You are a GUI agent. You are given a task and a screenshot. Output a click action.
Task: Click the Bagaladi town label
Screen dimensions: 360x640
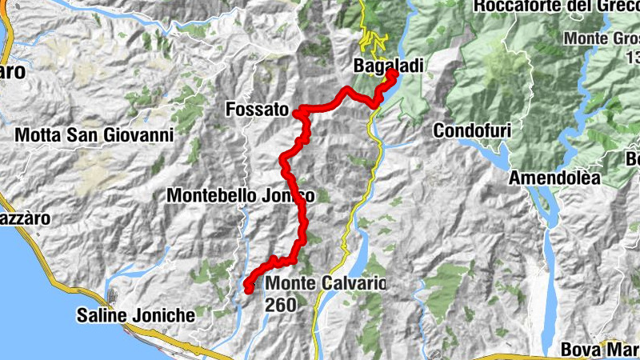pos(390,66)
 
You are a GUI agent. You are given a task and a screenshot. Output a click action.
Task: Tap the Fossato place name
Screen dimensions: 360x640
pos(257,109)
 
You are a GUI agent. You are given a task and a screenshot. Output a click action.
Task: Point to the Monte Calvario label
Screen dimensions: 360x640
pos(326,283)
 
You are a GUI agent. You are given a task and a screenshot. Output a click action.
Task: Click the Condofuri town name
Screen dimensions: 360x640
pos(471,130)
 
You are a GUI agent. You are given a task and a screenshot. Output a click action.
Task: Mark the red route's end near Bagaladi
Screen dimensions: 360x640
pos(393,74)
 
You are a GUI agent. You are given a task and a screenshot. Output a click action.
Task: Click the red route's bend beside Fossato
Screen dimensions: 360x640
pos(298,114)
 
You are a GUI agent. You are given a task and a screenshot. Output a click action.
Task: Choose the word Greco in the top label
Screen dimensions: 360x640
pos(616,7)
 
